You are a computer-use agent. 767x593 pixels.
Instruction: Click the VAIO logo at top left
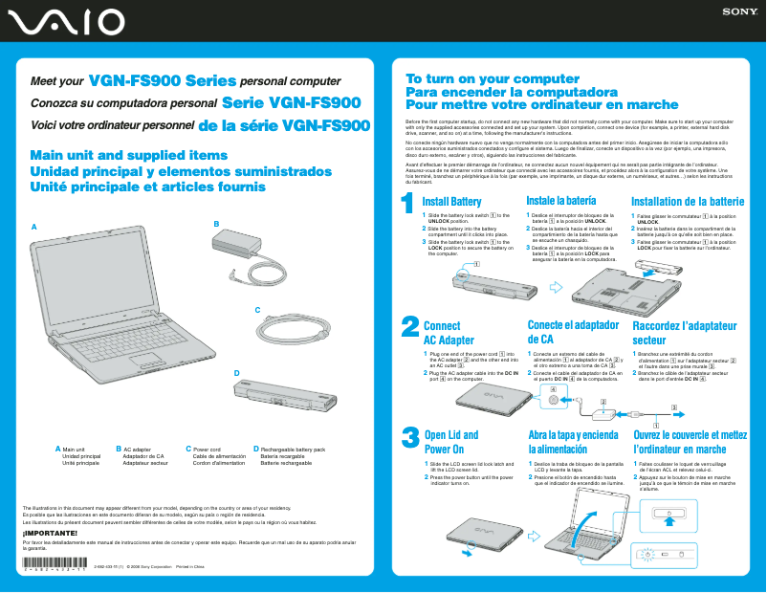click(63, 21)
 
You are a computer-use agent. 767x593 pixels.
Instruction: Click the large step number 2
click(408, 327)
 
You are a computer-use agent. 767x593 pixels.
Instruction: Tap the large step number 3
click(408, 436)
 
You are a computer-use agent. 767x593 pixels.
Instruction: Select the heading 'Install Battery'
click(451, 202)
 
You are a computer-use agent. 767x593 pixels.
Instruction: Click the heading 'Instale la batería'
click(561, 201)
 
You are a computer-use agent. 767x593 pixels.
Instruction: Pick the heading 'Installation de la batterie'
click(688, 202)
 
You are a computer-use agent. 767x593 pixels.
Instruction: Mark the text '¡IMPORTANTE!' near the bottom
click(44, 532)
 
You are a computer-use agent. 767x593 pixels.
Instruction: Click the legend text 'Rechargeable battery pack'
click(293, 449)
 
